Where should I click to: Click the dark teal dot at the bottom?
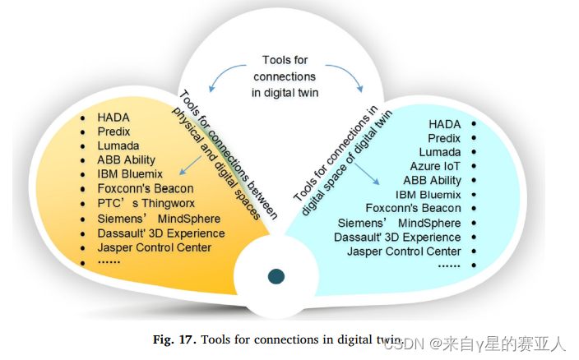click(x=276, y=277)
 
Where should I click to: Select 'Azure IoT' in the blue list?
click(x=435, y=166)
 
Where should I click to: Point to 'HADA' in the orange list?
click(x=113, y=118)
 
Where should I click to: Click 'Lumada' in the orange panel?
click(x=118, y=145)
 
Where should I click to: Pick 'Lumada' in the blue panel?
click(x=439, y=152)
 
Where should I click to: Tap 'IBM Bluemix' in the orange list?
click(x=130, y=174)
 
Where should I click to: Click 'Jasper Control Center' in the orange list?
click(x=154, y=247)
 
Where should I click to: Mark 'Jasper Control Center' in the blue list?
click(x=404, y=252)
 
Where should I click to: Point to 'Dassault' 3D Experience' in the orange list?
click(x=160, y=233)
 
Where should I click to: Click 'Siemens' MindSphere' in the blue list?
click(x=399, y=223)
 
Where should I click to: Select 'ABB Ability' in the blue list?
click(x=432, y=181)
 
